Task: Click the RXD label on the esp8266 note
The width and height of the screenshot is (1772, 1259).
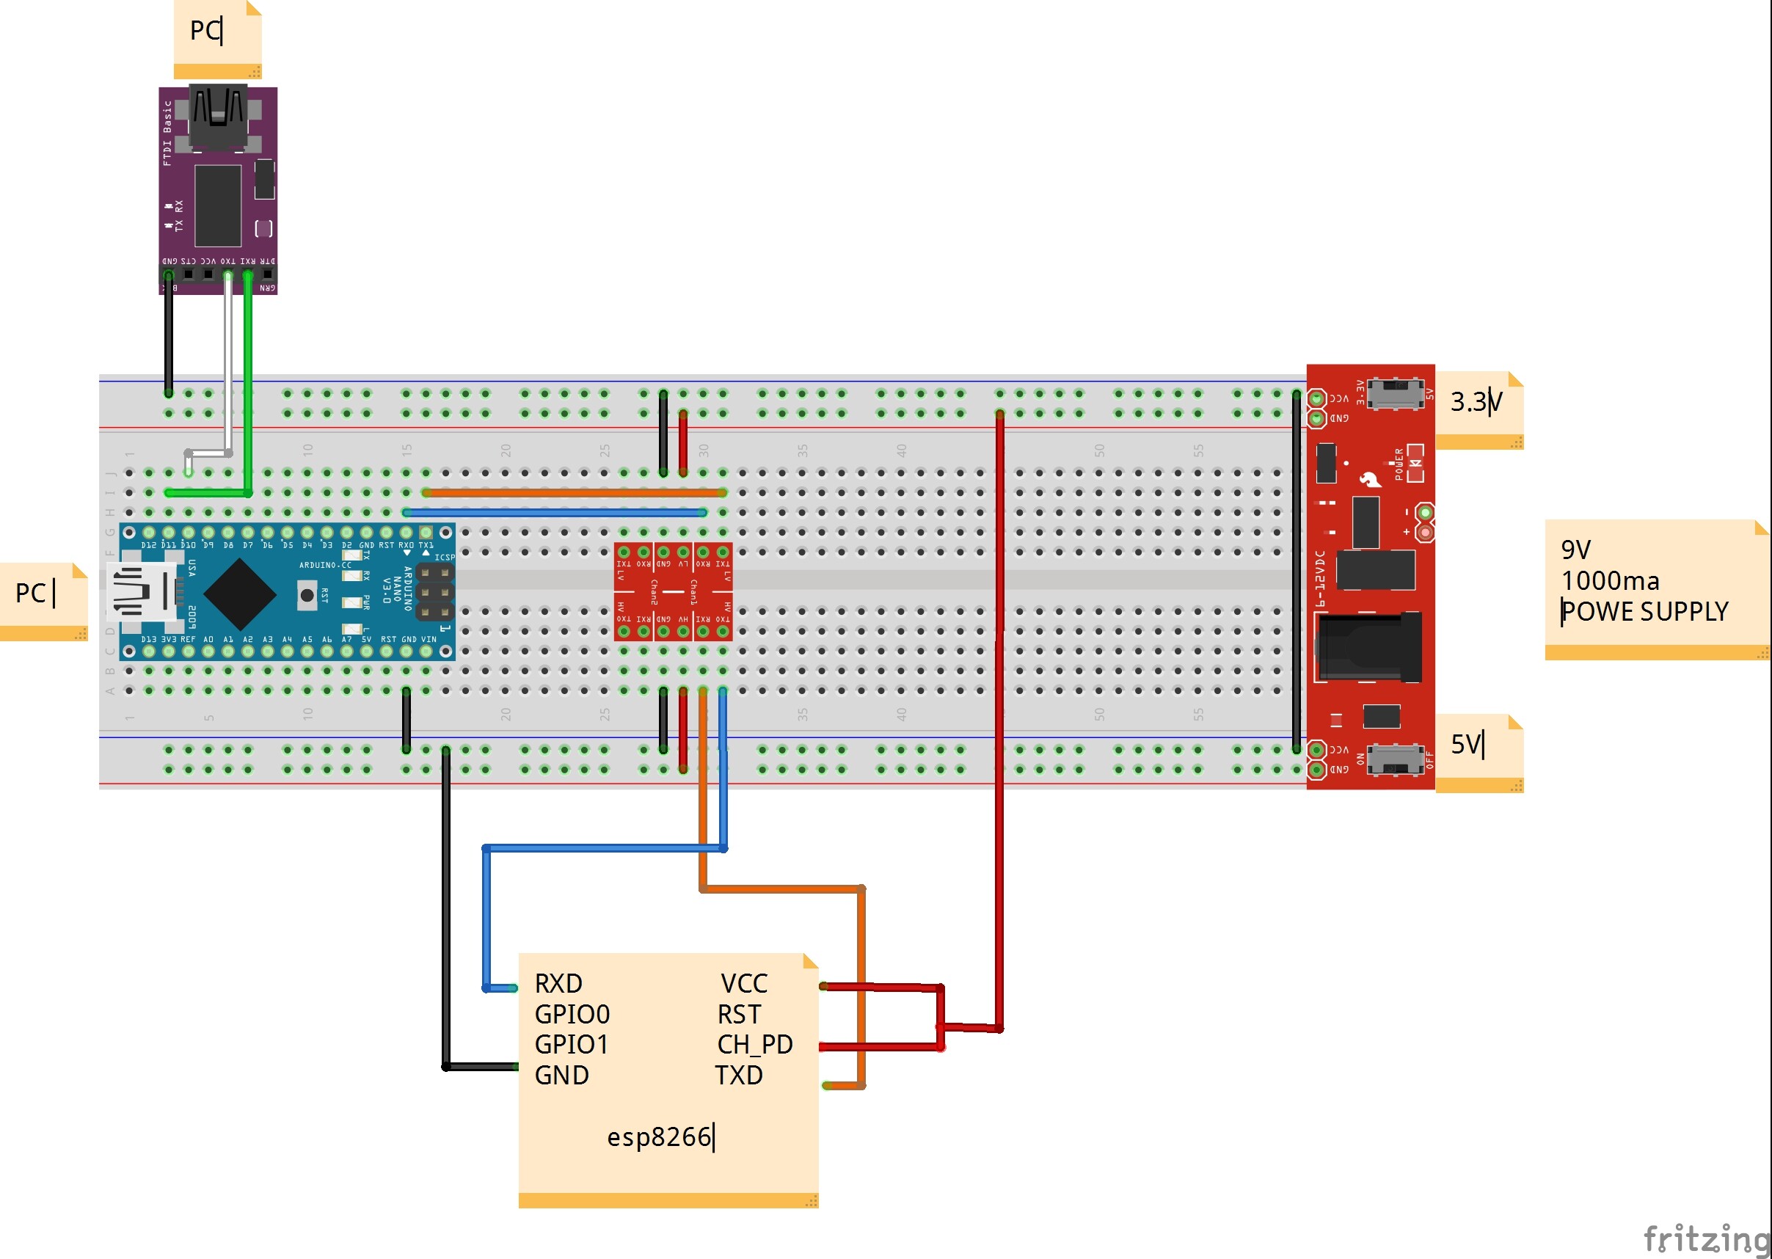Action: pyautogui.click(x=558, y=983)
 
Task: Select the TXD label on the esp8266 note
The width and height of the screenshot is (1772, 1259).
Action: pyautogui.click(x=739, y=1076)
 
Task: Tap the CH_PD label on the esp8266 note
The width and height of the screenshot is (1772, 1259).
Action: pyautogui.click(x=754, y=1044)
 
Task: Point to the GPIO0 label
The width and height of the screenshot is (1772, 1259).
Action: pyautogui.click(x=572, y=1014)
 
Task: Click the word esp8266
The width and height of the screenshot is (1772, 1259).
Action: pyautogui.click(x=659, y=1136)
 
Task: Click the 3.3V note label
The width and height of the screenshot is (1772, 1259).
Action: pyautogui.click(x=1476, y=401)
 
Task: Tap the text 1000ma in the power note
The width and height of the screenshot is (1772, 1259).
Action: pyautogui.click(x=1609, y=580)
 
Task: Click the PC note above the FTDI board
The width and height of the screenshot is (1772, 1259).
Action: pyautogui.click(x=205, y=31)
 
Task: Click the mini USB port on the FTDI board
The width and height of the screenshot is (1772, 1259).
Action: pyautogui.click(x=218, y=116)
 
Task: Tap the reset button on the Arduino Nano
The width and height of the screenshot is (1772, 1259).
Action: pyautogui.click(x=307, y=594)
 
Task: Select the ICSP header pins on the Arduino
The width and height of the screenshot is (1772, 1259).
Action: pyautogui.click(x=435, y=592)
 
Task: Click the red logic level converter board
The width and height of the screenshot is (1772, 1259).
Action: pyautogui.click(x=673, y=591)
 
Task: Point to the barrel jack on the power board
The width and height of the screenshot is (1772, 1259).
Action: pyautogui.click(x=1369, y=647)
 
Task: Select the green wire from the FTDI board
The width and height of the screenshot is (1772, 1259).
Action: pyautogui.click(x=248, y=387)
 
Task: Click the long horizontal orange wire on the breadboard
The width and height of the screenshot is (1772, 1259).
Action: pyautogui.click(x=574, y=492)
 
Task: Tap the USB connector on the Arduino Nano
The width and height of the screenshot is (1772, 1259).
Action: pyautogui.click(x=142, y=594)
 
